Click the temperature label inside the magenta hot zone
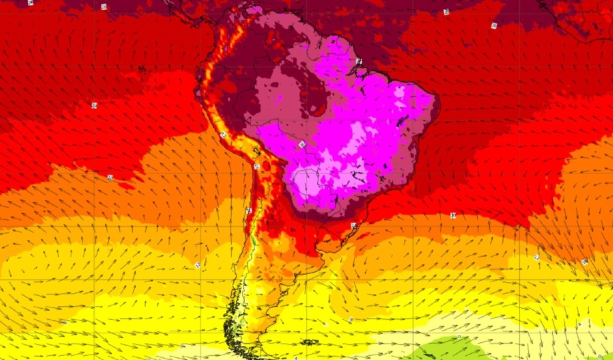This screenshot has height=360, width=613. (302, 143)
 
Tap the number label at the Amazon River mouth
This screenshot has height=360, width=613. (358, 61)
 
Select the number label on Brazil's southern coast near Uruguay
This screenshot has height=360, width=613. (353, 225)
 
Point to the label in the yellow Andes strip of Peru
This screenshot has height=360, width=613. (223, 135)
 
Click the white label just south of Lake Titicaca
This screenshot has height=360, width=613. (257, 166)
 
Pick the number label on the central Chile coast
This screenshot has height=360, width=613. (248, 210)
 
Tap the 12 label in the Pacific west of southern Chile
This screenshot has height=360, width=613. (197, 265)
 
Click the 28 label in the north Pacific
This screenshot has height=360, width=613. (104, 7)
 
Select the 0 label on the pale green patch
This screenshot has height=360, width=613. (459, 337)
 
